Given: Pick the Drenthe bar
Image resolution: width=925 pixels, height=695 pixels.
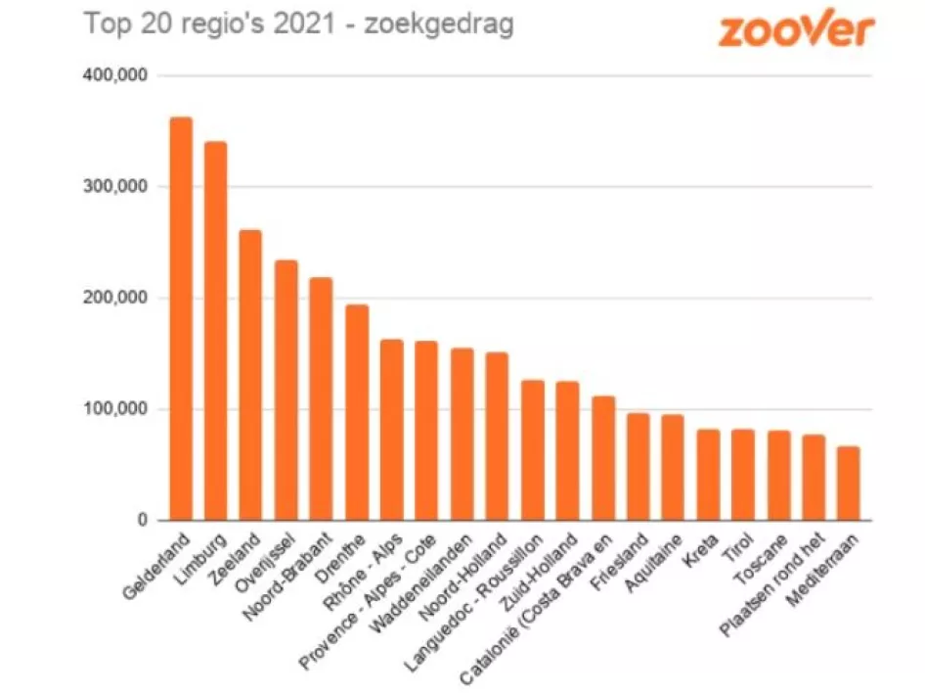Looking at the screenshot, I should pyautogui.click(x=357, y=412).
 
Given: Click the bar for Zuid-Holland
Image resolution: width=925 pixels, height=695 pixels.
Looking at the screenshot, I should pyautogui.click(x=568, y=450).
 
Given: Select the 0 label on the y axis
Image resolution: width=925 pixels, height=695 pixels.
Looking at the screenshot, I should pyautogui.click(x=141, y=521).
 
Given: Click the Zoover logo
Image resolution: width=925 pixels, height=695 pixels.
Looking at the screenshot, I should pyautogui.click(x=795, y=29).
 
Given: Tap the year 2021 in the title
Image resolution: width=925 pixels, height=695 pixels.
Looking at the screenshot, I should pyautogui.click(x=301, y=24).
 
